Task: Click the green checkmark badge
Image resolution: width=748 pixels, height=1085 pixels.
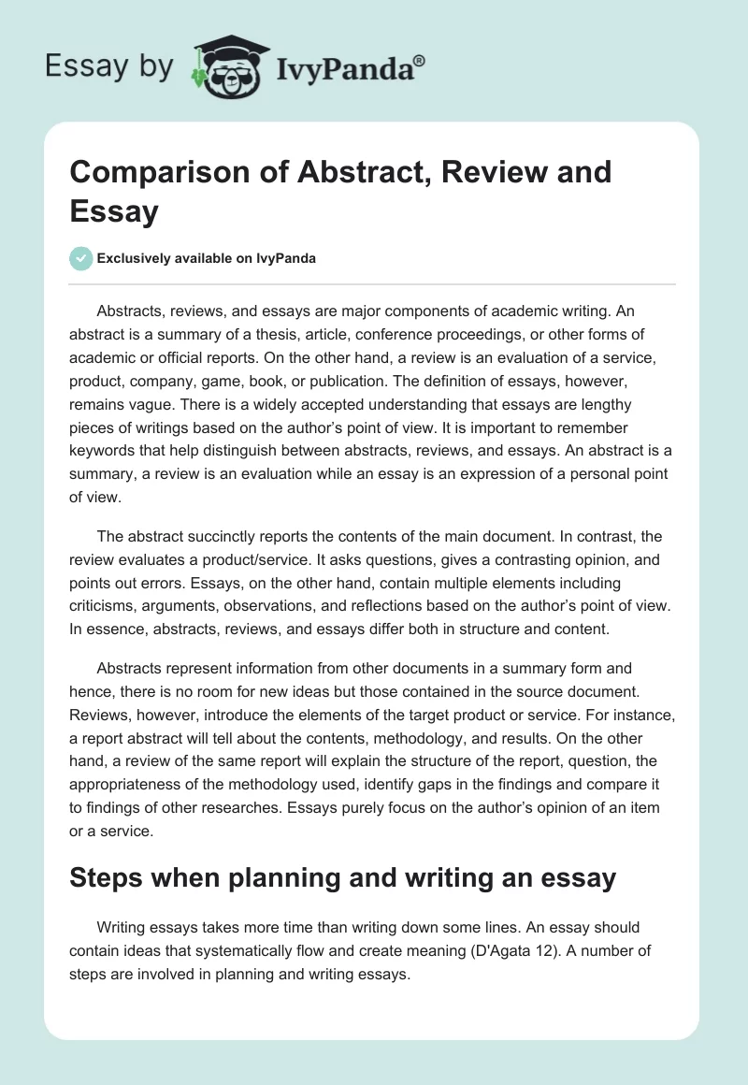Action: (81, 258)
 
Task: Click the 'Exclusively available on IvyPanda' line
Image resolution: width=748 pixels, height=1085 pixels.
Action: (206, 258)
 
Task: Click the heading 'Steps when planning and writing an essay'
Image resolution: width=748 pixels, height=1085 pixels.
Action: (343, 877)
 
